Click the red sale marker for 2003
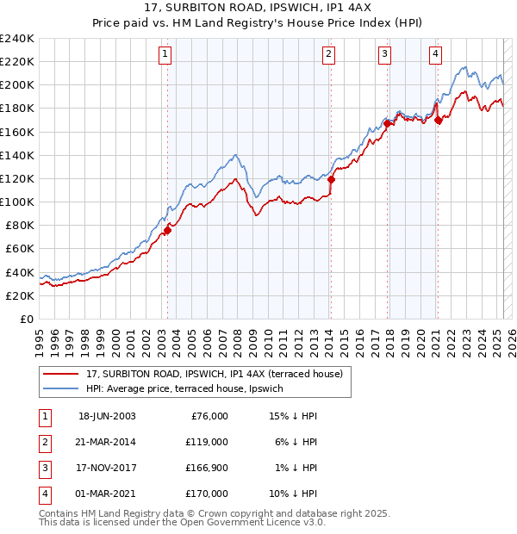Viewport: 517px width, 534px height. click(x=168, y=229)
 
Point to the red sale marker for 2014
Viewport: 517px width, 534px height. click(x=331, y=179)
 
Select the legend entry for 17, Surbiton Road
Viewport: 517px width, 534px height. click(x=214, y=374)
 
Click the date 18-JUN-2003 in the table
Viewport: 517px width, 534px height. click(x=107, y=416)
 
